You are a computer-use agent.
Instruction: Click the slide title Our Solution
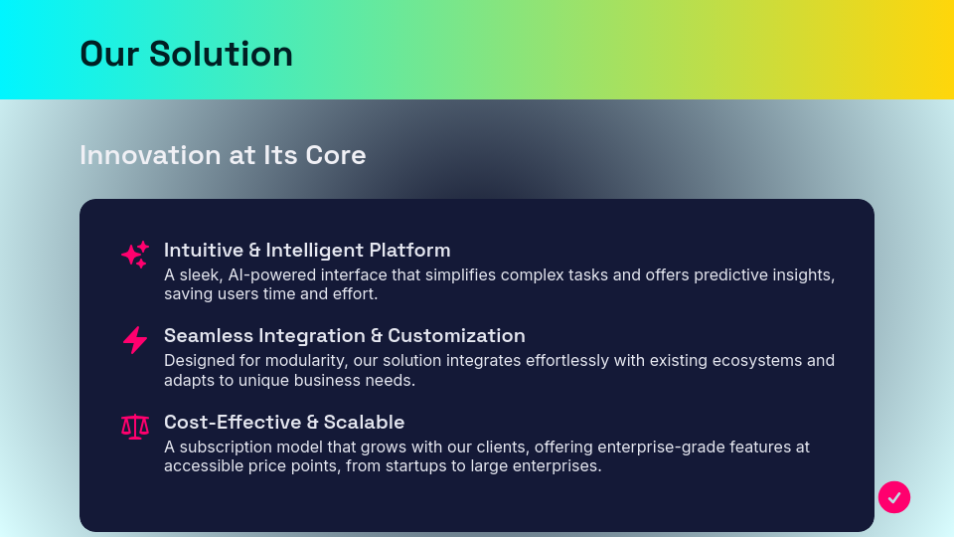point(186,54)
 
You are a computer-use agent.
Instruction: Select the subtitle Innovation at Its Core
point(223,155)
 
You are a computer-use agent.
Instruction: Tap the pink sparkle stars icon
point(134,255)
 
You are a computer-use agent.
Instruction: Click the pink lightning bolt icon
point(134,340)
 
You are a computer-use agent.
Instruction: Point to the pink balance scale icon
point(134,427)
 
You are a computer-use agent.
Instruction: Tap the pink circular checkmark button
point(894,496)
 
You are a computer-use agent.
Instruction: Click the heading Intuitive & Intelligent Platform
point(307,250)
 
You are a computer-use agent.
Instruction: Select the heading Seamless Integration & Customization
point(344,335)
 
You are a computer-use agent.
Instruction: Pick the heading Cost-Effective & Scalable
point(284,422)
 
